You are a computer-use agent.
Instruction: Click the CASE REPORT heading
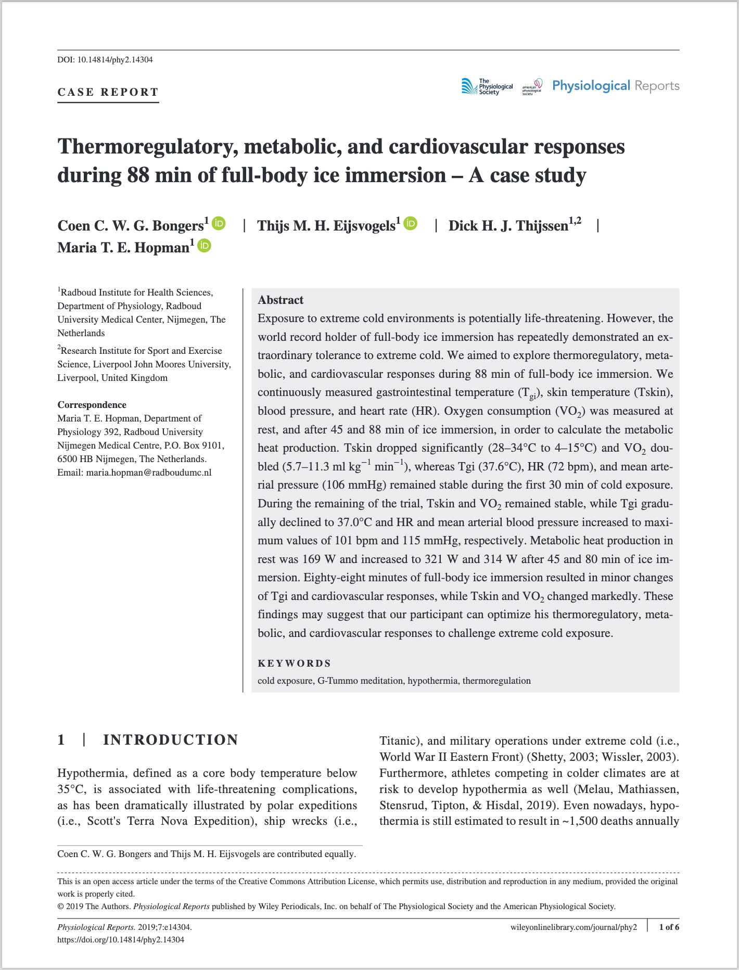click(108, 92)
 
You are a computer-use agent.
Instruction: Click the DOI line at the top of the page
click(105, 59)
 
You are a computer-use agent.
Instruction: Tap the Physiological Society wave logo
click(469, 86)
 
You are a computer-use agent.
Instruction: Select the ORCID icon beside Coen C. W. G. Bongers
click(219, 224)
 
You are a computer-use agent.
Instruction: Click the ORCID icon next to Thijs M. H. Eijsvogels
click(411, 224)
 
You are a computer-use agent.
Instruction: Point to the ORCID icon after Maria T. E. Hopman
click(205, 246)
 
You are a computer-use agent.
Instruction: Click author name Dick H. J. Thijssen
click(508, 226)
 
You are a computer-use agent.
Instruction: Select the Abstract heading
click(281, 300)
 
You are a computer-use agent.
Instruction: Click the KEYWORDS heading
click(295, 663)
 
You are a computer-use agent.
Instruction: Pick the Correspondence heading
click(92, 405)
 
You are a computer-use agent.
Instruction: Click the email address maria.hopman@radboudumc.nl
click(149, 473)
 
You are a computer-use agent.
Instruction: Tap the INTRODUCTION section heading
click(171, 740)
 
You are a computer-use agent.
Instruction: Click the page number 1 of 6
click(669, 927)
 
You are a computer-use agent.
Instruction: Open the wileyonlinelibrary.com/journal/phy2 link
click(574, 927)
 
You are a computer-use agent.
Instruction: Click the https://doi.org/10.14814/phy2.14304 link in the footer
click(121, 939)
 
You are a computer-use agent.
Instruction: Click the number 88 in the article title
click(139, 175)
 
